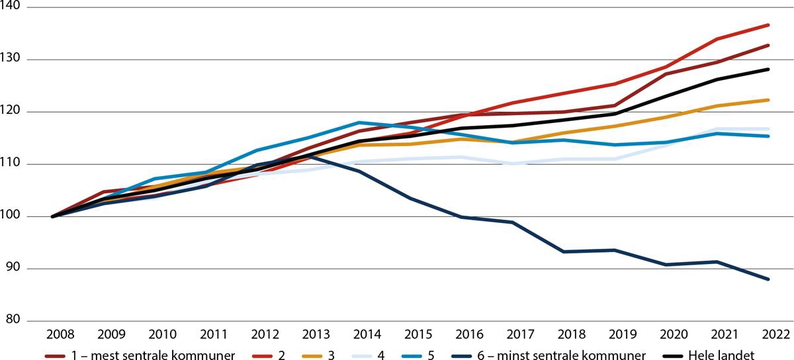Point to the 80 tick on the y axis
[13, 321]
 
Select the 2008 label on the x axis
[53, 336]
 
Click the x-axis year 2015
[410, 336]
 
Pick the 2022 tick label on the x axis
[768, 336]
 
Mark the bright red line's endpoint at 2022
[768, 24]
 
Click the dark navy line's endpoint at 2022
[768, 279]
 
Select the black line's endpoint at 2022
[768, 69]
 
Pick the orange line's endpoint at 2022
[768, 100]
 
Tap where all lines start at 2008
[53, 216]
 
